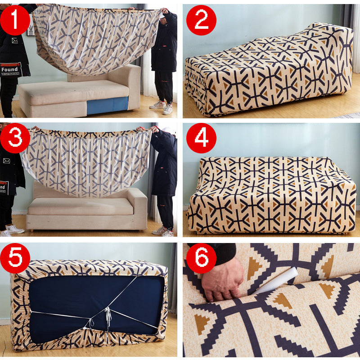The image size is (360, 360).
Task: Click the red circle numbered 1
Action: point(15,20)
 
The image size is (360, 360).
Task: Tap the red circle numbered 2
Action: point(201,20)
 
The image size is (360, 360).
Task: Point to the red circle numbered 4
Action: point(201,138)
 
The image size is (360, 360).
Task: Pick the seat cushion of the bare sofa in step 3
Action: point(81,206)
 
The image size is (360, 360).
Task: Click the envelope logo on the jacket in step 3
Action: point(7,160)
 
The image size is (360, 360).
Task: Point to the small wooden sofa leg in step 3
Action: point(31,230)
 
